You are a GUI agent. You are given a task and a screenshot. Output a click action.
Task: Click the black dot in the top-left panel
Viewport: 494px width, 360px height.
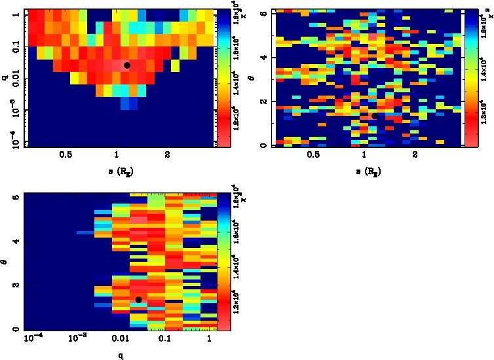coord(127,65)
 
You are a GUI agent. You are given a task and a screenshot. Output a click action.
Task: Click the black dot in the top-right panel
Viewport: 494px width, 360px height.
coord(375,116)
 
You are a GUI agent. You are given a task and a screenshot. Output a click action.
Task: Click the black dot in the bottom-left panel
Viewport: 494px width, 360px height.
coord(138,300)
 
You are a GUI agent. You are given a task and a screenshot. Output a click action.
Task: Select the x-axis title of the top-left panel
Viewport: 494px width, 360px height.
coord(119,171)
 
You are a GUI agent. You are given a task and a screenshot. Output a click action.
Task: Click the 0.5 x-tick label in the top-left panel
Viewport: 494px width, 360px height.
coord(66,155)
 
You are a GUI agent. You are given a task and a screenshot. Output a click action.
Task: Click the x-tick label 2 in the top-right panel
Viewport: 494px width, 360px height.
coord(415,155)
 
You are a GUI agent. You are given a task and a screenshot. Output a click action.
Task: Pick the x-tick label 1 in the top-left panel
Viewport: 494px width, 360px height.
coord(117,155)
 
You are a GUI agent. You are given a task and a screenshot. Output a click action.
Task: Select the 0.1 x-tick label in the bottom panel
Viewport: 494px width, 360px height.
coord(164,339)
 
